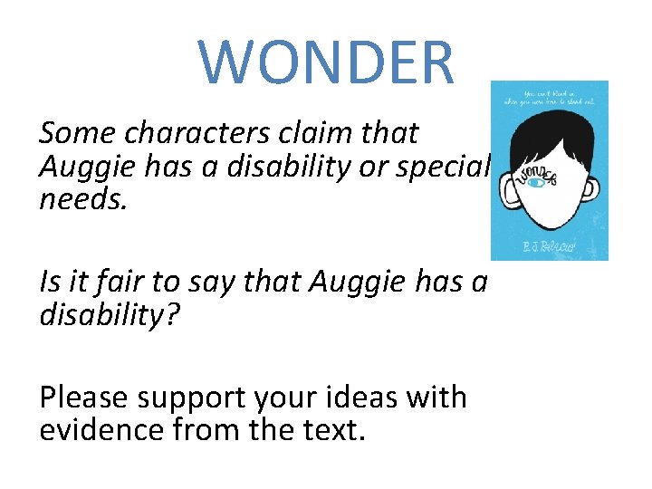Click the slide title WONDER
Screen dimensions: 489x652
click(x=327, y=61)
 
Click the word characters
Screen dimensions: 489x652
click(x=196, y=133)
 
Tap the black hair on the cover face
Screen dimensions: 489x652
click(x=549, y=136)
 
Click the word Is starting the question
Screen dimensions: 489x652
click(x=50, y=283)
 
